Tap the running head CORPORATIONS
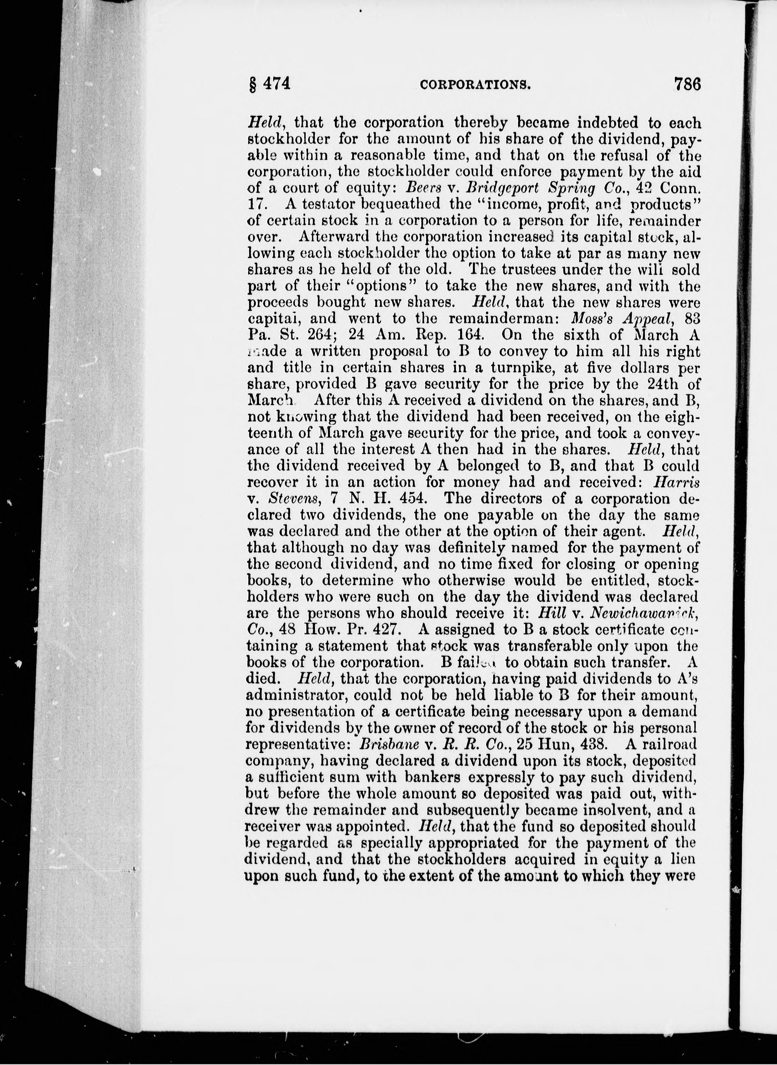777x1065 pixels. point(475,85)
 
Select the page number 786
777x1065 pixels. point(687,84)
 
